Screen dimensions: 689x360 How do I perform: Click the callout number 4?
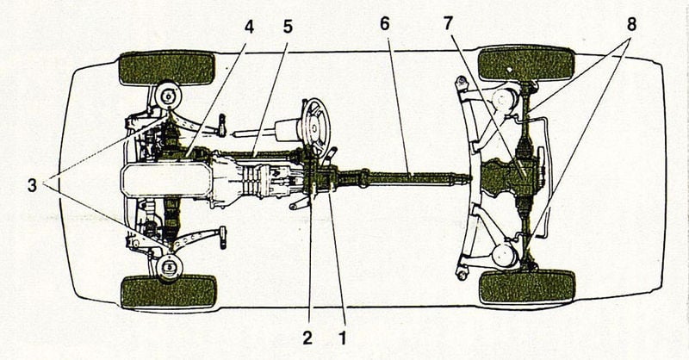(249, 28)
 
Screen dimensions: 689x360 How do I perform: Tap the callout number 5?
(288, 28)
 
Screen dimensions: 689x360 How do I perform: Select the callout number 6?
(385, 24)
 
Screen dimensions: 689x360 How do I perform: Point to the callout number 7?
(448, 24)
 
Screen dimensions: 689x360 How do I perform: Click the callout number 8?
(631, 25)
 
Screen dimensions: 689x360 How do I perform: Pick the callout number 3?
(32, 185)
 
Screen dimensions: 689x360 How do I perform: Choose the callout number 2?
(307, 338)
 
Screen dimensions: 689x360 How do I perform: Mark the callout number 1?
(342, 338)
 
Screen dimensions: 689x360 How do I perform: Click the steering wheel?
(316, 125)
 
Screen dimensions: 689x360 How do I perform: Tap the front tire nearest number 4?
(167, 68)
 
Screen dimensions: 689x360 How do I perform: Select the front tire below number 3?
(169, 292)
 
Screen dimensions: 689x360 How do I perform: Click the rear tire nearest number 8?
(526, 63)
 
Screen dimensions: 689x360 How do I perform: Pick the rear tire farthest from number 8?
(527, 288)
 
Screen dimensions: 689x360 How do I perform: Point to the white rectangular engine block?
(166, 179)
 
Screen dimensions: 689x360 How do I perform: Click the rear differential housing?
(510, 177)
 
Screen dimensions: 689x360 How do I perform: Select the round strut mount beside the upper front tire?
(168, 96)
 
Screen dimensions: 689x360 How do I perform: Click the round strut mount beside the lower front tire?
(170, 267)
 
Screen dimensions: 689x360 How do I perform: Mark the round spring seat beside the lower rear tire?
(505, 256)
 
